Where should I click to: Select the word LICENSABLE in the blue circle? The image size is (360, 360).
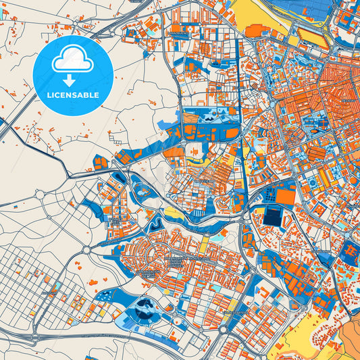point(72,95)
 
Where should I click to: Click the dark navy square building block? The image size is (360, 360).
point(274,217)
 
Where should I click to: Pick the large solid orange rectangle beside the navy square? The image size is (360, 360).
point(286,197)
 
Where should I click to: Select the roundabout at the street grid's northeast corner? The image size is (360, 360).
point(87,249)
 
